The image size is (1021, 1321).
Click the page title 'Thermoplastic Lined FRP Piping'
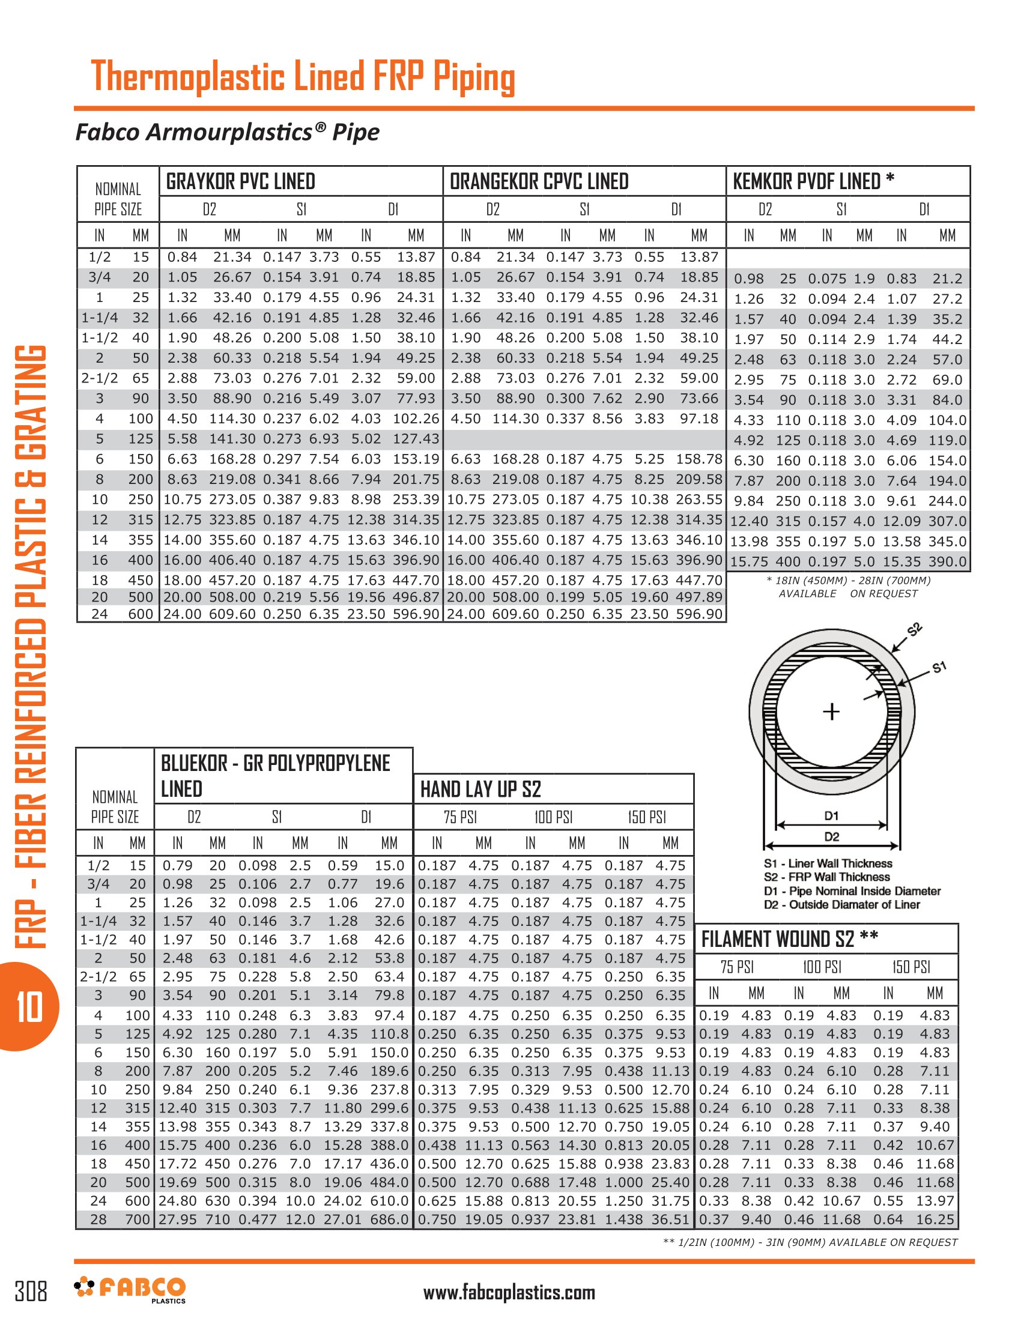pyautogui.click(x=303, y=77)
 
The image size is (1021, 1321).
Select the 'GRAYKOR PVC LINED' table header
pyautogui.click(x=241, y=181)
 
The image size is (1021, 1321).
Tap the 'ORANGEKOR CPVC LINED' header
pyautogui.click(x=539, y=181)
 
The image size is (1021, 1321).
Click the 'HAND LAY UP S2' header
pyautogui.click(x=480, y=790)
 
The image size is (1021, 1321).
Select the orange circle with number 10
pyautogui.click(x=29, y=1007)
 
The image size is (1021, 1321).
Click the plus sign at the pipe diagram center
pyautogui.click(x=832, y=712)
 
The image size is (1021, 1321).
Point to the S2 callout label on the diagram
pyautogui.click(x=915, y=629)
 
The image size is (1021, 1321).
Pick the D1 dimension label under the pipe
pyautogui.click(x=832, y=816)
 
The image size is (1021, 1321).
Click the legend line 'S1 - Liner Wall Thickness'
pyautogui.click(x=828, y=863)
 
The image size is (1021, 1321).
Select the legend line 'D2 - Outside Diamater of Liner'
pyautogui.click(x=841, y=904)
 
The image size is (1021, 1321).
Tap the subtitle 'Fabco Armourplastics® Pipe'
pyautogui.click(x=228, y=132)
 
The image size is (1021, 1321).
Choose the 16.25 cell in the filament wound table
pyautogui.click(x=935, y=1219)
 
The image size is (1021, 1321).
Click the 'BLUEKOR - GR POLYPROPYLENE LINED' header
pyautogui.click(x=275, y=776)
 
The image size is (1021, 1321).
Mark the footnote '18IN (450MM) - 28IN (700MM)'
pyautogui.click(x=848, y=581)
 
